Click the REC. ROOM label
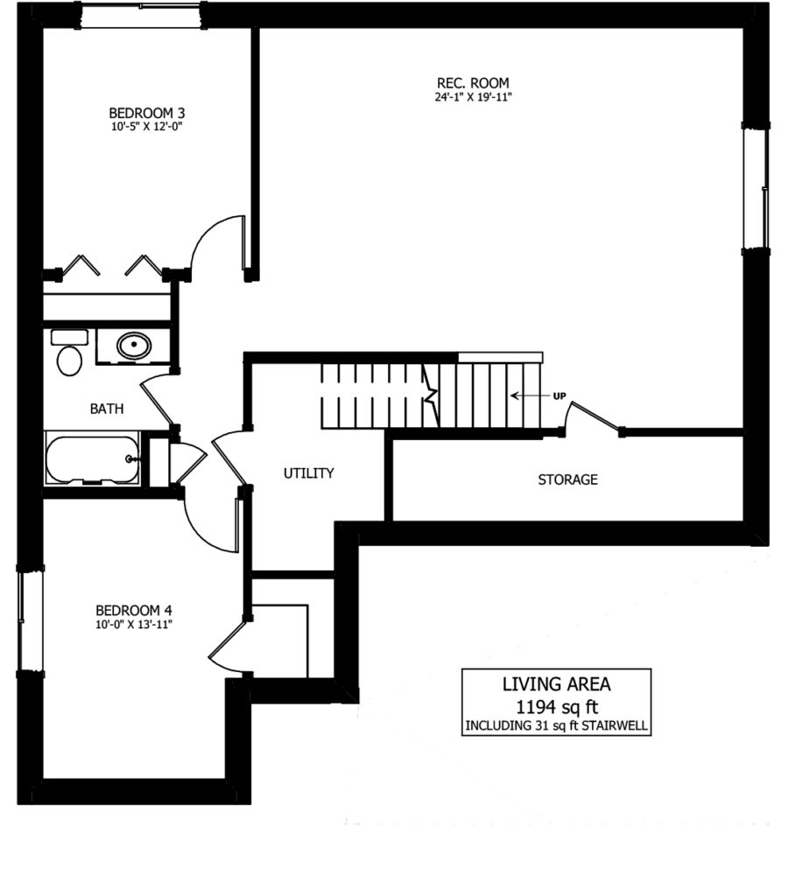coord(473,83)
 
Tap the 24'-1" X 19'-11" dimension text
coord(473,97)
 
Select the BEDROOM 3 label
coord(147,113)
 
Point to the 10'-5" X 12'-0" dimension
coord(146,127)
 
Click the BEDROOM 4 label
coord(134,610)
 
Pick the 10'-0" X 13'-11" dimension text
coord(134,625)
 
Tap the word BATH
coord(107,409)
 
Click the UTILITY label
coord(309,473)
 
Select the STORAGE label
coord(568,479)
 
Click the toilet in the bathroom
coord(69,353)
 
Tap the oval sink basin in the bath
coord(134,345)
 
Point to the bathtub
coord(93,459)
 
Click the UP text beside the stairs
coord(559,396)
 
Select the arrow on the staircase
coord(530,395)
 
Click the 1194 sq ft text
coord(557,707)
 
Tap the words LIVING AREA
coord(556,684)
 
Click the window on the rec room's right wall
coord(756,187)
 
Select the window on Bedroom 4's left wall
coord(31,620)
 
